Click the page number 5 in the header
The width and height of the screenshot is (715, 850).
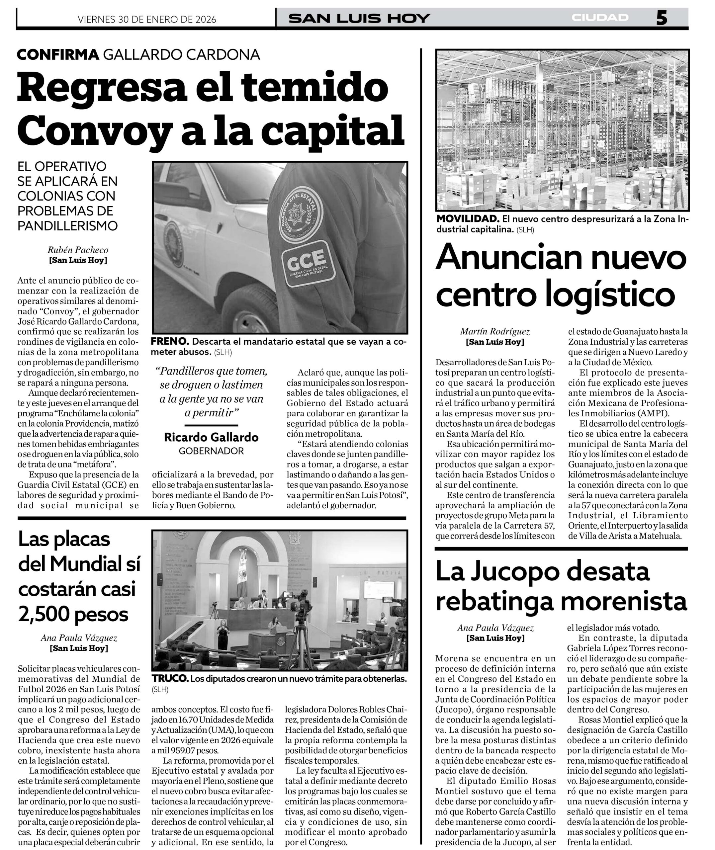coord(661,18)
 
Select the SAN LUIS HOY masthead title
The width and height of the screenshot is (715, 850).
coord(359,19)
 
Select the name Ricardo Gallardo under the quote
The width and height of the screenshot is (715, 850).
coord(211,438)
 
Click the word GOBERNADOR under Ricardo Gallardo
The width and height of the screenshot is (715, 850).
coord(211,451)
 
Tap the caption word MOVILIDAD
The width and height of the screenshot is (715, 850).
coord(468,219)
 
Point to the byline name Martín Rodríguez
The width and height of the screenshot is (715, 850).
coord(495,332)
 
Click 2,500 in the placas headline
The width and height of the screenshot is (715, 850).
coord(47,614)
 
